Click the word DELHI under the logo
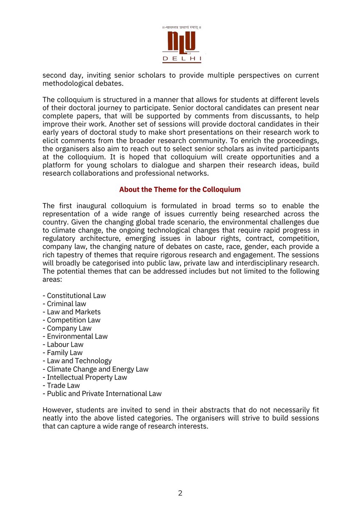coord(182,59)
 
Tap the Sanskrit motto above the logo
coord(182,28)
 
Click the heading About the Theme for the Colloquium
coord(180,190)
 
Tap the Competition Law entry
coord(72,320)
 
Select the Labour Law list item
coord(63,344)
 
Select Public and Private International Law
coord(102,394)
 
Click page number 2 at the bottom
coord(180,493)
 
